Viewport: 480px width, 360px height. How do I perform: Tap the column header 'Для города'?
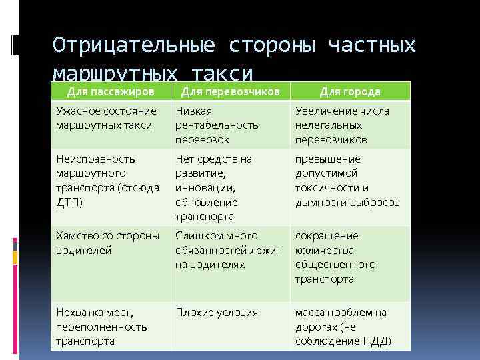click(349, 91)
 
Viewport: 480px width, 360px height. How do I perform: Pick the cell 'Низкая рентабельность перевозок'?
click(230, 125)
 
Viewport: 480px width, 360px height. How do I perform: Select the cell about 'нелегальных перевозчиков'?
click(351, 125)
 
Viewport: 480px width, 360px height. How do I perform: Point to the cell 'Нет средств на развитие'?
click(230, 187)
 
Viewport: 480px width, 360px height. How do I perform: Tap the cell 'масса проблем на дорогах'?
click(351, 327)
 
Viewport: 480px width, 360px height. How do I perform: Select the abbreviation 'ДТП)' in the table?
click(70, 202)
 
